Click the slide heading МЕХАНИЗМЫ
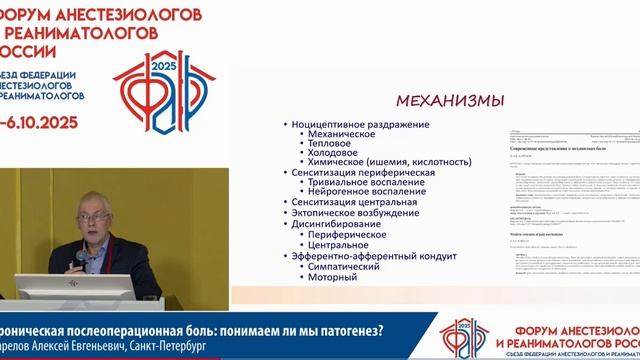click(x=450, y=100)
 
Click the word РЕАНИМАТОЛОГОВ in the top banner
click(x=90, y=33)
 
